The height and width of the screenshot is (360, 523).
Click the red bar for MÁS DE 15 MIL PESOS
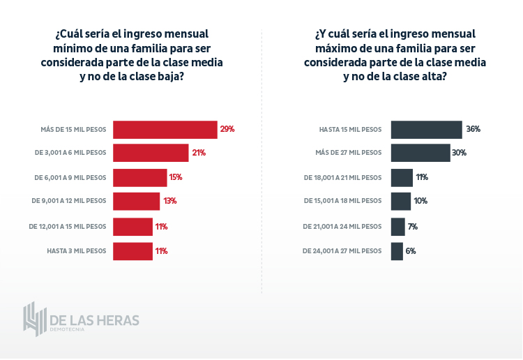click(x=165, y=130)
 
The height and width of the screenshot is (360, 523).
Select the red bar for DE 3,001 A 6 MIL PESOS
click(x=151, y=153)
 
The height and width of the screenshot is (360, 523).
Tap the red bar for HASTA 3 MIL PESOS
click(x=132, y=251)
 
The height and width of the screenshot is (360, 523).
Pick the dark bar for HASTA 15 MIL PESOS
click(x=426, y=130)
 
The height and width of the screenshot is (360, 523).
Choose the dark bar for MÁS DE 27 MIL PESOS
click(x=420, y=153)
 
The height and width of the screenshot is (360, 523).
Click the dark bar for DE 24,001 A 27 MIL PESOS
click(x=397, y=251)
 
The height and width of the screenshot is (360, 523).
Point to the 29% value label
click(x=227, y=129)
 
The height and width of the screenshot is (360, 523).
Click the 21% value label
click(x=198, y=153)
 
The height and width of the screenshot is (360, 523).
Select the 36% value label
click(x=473, y=129)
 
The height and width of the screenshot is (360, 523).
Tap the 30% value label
click(x=459, y=153)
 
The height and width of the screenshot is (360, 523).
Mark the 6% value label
click(x=411, y=251)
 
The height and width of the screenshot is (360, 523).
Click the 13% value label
click(x=169, y=201)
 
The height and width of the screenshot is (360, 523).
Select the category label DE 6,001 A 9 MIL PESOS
click(x=70, y=178)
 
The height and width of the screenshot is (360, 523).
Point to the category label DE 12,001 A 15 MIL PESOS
click(x=68, y=227)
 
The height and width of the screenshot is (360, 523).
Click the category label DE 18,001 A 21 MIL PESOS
click(x=343, y=178)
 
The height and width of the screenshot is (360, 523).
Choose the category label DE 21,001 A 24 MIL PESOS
click(x=342, y=227)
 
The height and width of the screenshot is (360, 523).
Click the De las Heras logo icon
click(x=35, y=320)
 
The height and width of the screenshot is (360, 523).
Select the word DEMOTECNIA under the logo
click(x=68, y=329)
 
